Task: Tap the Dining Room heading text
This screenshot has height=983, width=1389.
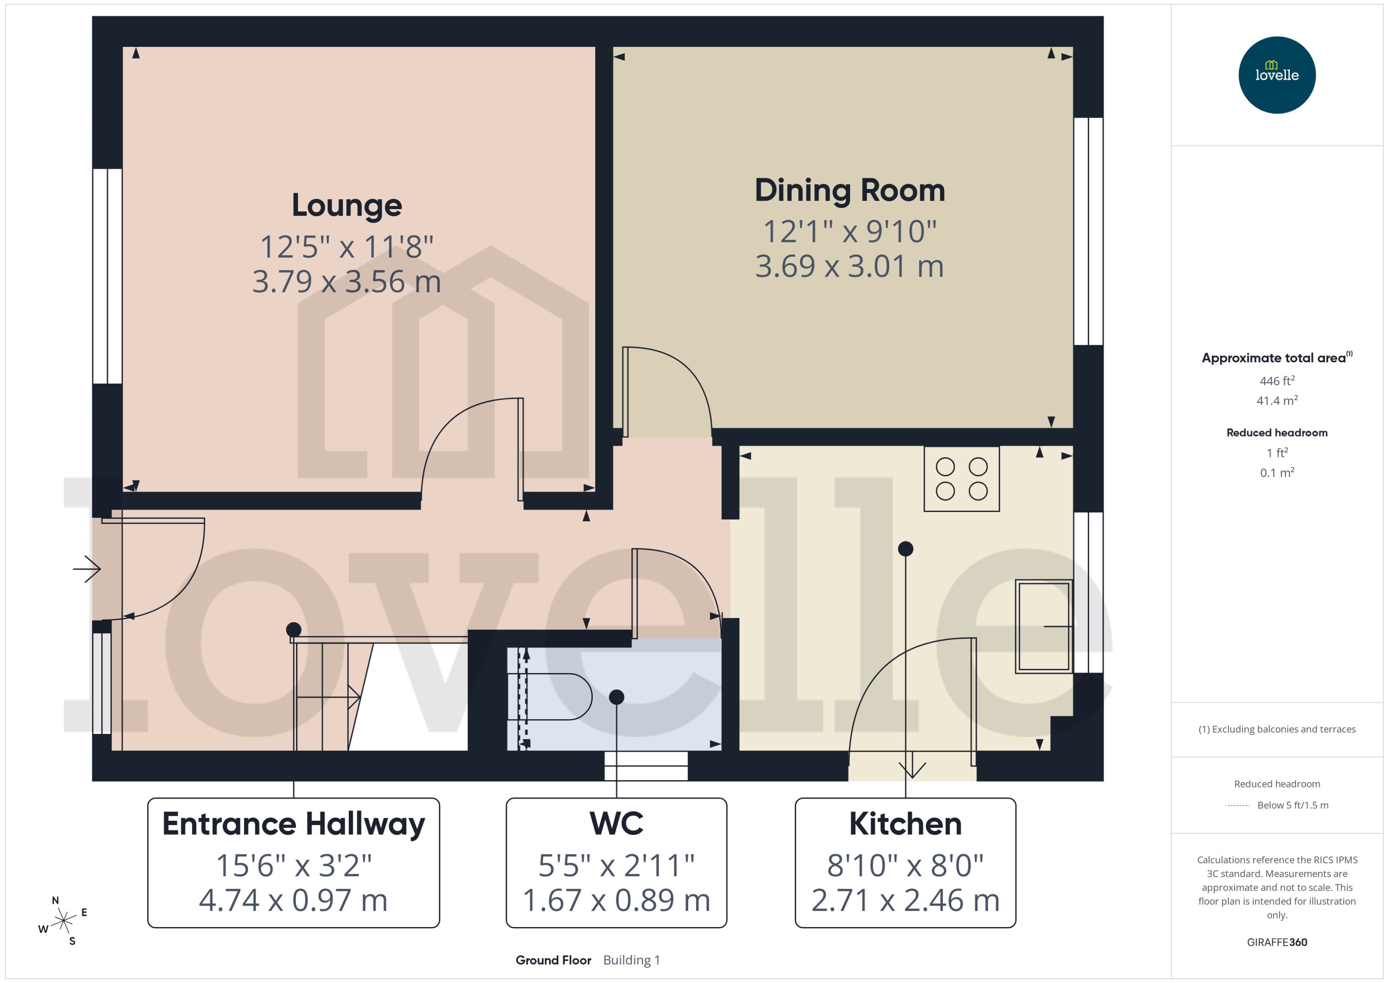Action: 849,190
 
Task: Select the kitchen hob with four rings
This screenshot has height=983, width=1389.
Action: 961,479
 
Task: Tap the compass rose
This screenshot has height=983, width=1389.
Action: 63,921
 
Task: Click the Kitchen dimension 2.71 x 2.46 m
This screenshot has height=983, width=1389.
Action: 905,900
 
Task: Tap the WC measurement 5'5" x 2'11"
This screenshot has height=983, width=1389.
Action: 616,866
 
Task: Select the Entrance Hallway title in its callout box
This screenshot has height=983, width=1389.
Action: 294,824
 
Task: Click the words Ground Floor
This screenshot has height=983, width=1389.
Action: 553,960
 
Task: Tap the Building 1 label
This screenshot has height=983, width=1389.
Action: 631,960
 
